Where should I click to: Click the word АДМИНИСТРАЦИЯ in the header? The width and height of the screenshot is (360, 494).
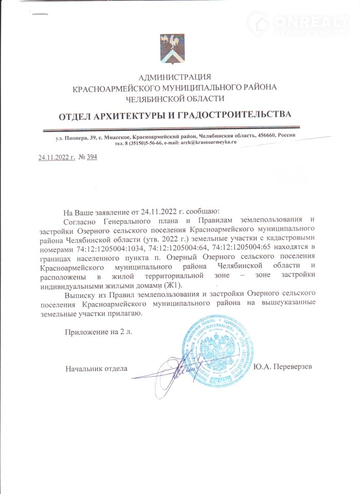(x=175, y=77)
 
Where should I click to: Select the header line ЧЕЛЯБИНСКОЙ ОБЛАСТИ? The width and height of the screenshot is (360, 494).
(x=175, y=98)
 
